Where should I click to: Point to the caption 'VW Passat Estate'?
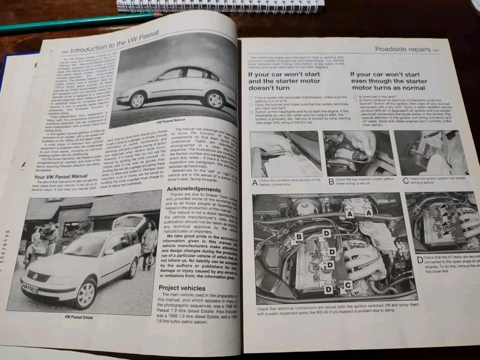click(x=81, y=316)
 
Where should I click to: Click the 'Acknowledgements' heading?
click(x=187, y=189)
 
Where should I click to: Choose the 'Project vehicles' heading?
click(x=181, y=287)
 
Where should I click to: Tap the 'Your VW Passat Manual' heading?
click(x=60, y=176)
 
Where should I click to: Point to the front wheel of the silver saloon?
click(x=137, y=100)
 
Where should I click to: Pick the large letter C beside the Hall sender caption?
click(x=405, y=180)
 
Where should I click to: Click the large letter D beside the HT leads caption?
click(x=419, y=260)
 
